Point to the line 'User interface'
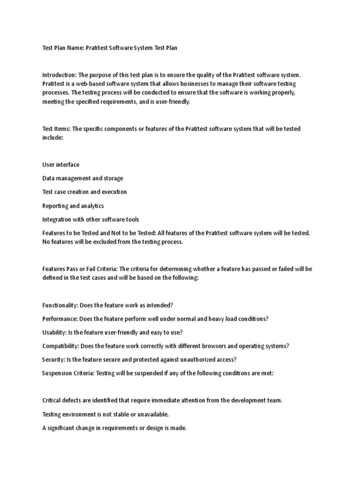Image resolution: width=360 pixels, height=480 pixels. [x=61, y=165]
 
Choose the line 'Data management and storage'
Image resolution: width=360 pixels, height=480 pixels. [x=83, y=178]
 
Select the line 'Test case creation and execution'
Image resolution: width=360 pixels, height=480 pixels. [x=84, y=192]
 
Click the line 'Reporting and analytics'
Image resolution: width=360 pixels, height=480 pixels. [x=73, y=206]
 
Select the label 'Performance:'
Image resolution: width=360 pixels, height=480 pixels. [x=60, y=319]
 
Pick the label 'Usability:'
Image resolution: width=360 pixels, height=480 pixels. [x=54, y=332]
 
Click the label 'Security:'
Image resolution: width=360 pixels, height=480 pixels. [x=53, y=360]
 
